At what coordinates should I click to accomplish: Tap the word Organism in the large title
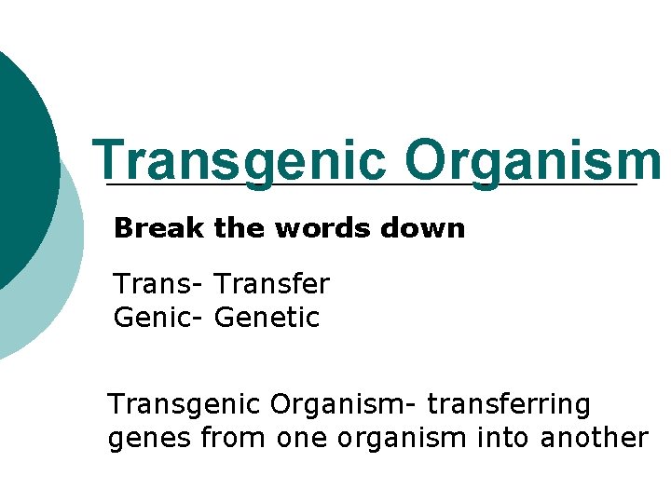[533, 160]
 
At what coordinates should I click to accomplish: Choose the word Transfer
[271, 283]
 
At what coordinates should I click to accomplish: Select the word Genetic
[267, 318]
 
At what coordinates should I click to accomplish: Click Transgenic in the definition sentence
[185, 405]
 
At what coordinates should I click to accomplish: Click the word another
[594, 438]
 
